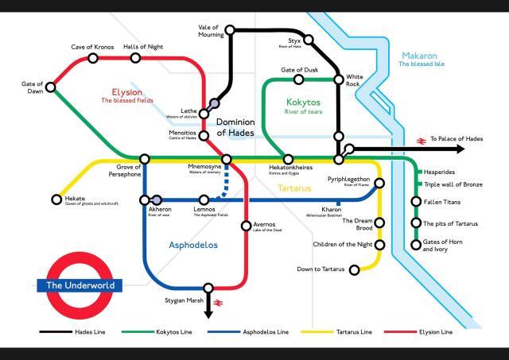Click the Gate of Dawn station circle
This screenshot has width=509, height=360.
point(52,87)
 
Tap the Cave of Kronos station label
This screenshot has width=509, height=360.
point(93,47)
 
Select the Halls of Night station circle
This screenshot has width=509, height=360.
point(133,58)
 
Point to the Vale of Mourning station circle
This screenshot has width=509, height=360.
point(230,30)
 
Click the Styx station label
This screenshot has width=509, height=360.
point(293,40)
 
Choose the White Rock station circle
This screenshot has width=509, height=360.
point(339,79)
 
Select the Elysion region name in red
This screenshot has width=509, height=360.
point(126,91)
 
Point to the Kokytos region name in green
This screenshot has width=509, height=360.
point(302,103)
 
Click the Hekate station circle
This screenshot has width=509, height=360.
point(56,199)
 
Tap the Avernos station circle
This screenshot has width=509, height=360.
point(246,226)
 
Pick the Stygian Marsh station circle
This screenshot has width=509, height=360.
point(208,288)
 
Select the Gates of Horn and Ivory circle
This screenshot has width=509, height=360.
point(415,244)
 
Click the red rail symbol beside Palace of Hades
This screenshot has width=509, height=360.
point(417,140)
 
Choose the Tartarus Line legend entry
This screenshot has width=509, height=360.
point(351,330)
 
